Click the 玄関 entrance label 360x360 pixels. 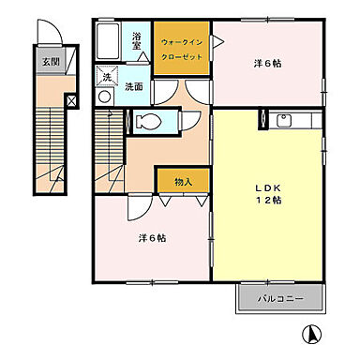pyautogui.click(x=48, y=63)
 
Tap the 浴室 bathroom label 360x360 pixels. pyautogui.click(x=137, y=39)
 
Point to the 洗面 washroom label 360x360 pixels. pyautogui.click(x=134, y=86)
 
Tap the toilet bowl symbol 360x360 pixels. pyautogui.click(x=145, y=120)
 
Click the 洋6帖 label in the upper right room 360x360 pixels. pyautogui.click(x=268, y=64)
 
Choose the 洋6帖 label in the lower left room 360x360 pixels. pyautogui.click(x=152, y=236)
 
